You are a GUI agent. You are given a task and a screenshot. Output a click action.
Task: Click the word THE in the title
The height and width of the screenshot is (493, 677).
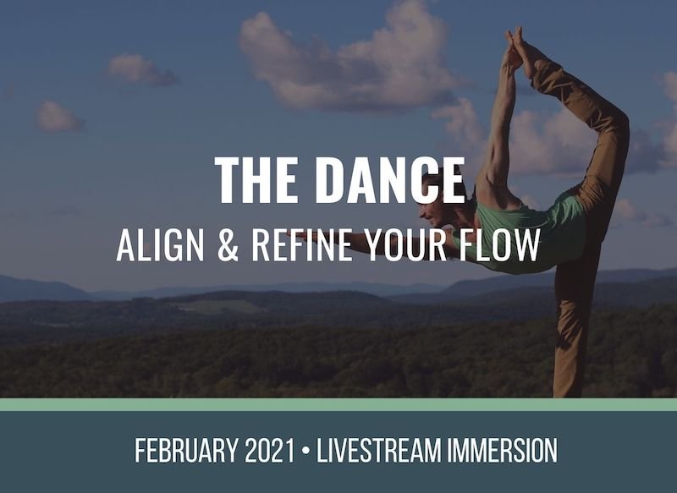point(256,179)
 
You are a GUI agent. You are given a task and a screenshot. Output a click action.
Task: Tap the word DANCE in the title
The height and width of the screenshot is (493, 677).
point(390,179)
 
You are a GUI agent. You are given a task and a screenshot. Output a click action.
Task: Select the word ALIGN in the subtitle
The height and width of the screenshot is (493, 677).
point(160,244)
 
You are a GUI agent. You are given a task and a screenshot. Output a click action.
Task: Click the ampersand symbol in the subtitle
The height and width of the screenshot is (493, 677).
point(228,244)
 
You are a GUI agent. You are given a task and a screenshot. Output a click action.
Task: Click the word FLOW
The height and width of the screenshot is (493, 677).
point(499,244)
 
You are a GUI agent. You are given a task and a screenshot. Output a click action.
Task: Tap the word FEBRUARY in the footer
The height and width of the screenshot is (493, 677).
point(186,451)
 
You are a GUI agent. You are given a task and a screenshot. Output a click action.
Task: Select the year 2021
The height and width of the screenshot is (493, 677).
point(270,451)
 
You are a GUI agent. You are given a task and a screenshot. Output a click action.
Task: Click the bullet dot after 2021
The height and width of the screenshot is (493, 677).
point(306,451)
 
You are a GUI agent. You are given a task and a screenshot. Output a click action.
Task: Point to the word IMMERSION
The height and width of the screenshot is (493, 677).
point(502,451)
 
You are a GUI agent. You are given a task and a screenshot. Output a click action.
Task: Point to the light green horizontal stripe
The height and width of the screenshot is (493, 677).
point(338,404)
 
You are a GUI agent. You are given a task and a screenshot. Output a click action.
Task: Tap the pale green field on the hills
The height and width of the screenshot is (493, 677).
point(220,307)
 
